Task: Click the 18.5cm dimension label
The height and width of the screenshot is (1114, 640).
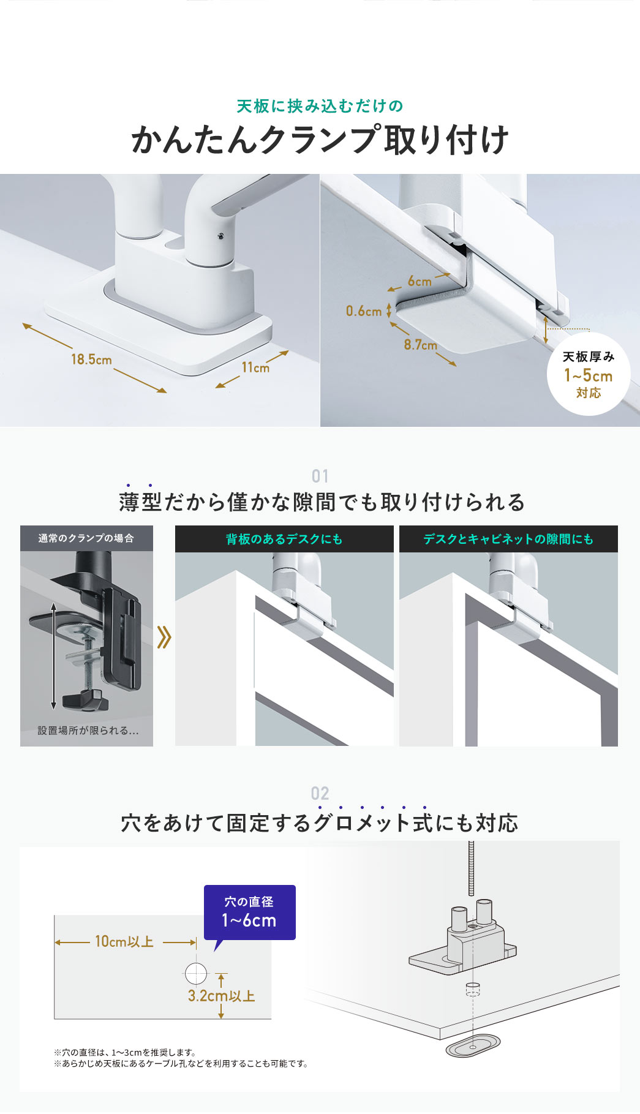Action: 91,359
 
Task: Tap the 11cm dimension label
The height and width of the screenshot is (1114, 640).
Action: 255,367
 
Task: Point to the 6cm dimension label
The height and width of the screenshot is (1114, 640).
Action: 420,281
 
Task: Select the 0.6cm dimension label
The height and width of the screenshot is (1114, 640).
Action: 364,311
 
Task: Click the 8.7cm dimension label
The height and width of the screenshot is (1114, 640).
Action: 420,345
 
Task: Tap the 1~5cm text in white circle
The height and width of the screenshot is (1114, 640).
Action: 588,375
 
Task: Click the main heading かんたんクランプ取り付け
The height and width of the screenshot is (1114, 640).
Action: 320,140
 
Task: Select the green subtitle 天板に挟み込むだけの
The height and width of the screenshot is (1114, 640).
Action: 320,107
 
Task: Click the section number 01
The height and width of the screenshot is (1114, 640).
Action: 320,476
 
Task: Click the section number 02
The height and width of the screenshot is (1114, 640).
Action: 320,793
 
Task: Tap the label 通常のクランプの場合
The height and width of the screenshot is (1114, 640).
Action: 86,538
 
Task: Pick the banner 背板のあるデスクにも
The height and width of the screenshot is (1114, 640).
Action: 284,539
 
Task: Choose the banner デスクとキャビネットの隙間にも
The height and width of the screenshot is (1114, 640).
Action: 508,539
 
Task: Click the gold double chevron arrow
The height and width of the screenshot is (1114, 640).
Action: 164,637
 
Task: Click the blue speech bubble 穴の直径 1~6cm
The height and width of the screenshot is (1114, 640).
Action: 249,912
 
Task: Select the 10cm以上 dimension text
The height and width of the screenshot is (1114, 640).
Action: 124,942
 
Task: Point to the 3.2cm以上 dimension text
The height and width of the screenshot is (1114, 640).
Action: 221,996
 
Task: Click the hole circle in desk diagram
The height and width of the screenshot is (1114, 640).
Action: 196,973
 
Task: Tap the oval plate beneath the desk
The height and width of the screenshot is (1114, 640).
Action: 472,1048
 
